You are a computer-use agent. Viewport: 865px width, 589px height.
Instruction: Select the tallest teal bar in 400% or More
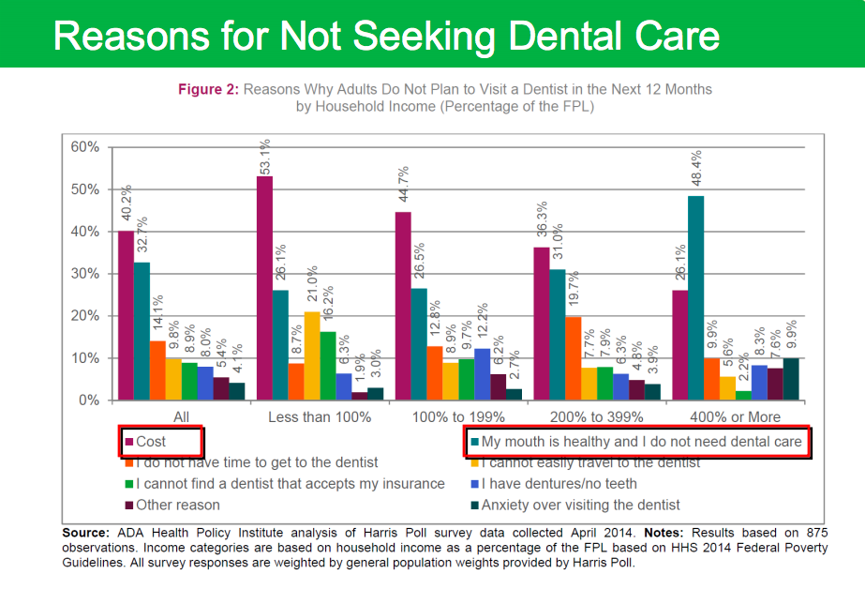click(695, 298)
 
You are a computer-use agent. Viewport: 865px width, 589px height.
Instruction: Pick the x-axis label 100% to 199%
click(455, 416)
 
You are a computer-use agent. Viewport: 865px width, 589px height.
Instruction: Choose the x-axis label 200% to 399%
click(593, 416)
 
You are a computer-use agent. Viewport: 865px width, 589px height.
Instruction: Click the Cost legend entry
click(151, 441)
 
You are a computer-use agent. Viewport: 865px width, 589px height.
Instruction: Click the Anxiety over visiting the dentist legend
click(580, 505)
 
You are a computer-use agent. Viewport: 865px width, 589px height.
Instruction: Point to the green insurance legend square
click(129, 484)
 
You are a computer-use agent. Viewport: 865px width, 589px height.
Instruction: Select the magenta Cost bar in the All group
click(126, 315)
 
